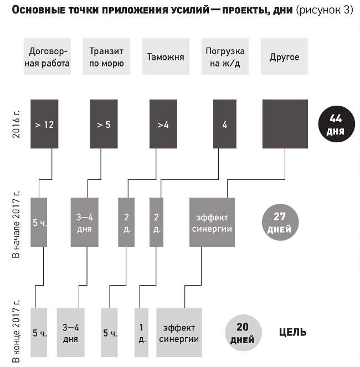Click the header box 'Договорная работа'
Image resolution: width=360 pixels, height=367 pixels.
pos(47,56)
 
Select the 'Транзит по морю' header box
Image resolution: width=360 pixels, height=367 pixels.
pos(106,56)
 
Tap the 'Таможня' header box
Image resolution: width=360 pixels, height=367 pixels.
pos(166,56)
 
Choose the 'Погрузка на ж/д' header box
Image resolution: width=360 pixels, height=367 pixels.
pos(225,56)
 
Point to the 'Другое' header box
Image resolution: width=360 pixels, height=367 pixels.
pos(284,56)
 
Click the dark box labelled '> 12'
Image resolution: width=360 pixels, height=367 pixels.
pos(44,124)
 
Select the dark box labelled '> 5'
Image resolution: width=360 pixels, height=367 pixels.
pos(104,124)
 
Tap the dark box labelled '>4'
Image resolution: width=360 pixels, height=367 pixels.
pos(163,124)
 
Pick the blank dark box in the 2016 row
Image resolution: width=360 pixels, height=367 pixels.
pos(285,124)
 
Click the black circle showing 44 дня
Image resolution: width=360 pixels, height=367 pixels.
pos(337,124)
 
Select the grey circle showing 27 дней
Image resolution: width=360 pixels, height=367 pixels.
pos(280,222)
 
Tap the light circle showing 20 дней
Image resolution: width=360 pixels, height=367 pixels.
pos(243,333)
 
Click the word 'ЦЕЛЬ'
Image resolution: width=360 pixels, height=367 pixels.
pos(293,332)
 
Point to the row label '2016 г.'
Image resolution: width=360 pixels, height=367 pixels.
pos(16,124)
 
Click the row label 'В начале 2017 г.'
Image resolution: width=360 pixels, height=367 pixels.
pos(16,224)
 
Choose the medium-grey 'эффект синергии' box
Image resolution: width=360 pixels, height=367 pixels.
pos(212,222)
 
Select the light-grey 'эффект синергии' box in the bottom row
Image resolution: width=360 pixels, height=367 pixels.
pos(179,332)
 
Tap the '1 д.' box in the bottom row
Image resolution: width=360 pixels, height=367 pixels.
pos(141,332)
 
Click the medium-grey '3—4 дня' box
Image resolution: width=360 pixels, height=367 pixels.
pos(85,222)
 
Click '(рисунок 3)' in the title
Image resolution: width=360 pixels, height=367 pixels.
pos(325,10)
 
